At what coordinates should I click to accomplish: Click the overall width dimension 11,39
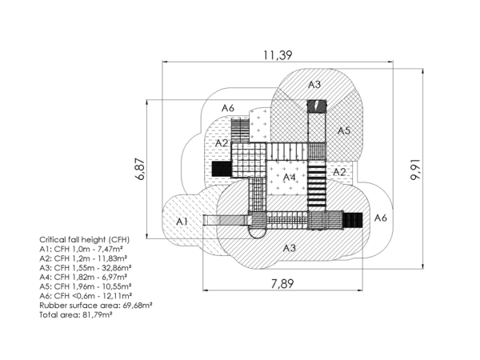point(278,55)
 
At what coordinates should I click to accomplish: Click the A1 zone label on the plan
point(182,220)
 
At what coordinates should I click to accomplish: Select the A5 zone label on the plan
point(344,130)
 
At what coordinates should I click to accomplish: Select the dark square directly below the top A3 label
point(318,105)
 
